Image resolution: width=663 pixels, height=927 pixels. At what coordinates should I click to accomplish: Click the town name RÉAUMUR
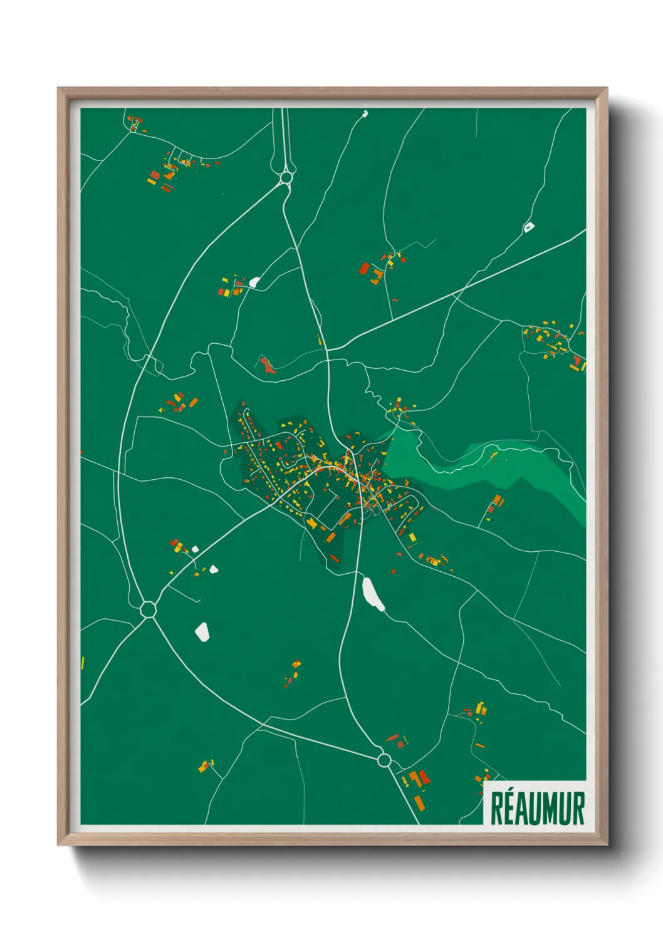(537, 807)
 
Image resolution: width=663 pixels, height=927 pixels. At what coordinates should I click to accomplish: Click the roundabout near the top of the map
(286, 177)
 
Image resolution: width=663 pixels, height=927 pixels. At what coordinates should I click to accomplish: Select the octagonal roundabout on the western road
(149, 608)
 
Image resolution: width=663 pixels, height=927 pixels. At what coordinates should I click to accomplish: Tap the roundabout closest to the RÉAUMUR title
(384, 760)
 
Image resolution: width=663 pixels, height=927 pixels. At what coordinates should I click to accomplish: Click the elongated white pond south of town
(373, 593)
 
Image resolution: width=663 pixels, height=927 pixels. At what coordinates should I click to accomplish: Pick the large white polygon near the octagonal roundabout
(202, 631)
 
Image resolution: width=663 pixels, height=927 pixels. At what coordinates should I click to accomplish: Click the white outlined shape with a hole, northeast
(529, 227)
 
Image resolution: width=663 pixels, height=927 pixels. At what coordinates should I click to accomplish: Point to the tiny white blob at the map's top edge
(365, 114)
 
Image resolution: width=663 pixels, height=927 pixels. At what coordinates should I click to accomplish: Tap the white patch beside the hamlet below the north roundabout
(254, 282)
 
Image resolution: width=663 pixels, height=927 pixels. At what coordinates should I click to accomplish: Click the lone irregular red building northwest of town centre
(268, 365)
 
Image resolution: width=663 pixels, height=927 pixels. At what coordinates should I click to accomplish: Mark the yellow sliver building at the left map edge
(83, 663)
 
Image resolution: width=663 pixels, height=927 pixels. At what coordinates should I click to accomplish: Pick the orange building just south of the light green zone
(496, 500)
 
